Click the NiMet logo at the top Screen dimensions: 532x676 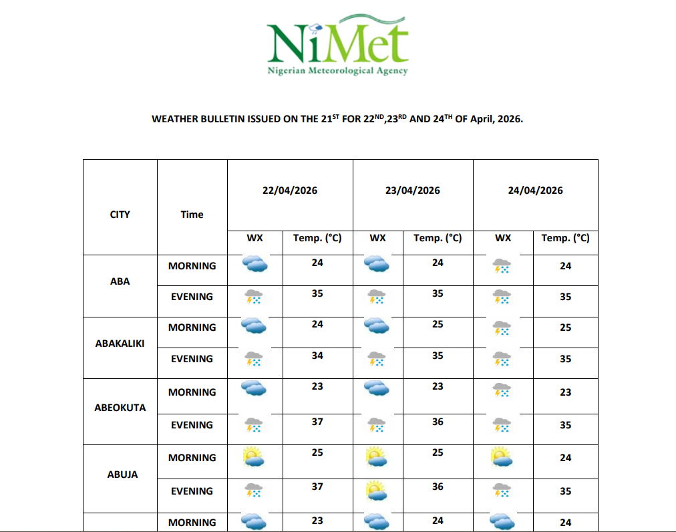tap(337, 45)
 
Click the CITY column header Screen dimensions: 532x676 tap(120, 215)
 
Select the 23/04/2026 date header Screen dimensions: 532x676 tap(413, 190)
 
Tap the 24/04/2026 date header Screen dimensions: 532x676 tap(535, 190)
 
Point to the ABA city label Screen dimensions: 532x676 tap(120, 281)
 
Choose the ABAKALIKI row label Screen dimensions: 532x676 tap(120, 344)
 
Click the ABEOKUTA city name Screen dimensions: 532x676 tap(120, 408)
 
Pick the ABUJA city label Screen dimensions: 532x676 tap(123, 475)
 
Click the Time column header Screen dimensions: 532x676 tap(192, 215)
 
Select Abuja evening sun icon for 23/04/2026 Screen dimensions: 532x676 tap(377, 491)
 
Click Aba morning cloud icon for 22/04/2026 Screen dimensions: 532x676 tap(255, 265)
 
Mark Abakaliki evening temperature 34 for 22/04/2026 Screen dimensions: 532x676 tap(317, 356)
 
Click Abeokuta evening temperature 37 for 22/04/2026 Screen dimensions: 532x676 tap(317, 422)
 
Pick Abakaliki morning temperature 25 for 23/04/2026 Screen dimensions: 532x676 tap(438, 324)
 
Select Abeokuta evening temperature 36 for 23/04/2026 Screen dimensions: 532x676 tap(438, 422)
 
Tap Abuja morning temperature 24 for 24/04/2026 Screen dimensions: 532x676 tap(566, 458)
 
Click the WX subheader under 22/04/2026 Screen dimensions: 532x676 tap(255, 238)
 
